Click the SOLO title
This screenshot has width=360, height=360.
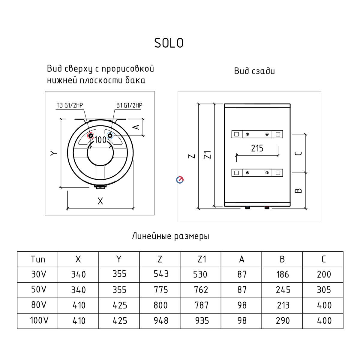169,43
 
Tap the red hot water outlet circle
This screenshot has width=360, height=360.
91,136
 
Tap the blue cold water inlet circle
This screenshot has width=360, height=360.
110,136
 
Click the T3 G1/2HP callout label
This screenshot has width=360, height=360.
70,105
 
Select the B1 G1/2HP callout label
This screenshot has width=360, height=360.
129,105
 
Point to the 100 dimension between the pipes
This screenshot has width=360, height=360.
100,140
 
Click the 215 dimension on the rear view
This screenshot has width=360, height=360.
257,148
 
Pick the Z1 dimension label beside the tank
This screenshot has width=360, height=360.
208,155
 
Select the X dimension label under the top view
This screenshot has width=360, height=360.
100,201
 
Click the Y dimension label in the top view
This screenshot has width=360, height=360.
54,153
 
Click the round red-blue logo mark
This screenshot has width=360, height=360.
180,180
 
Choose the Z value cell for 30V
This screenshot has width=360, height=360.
161,274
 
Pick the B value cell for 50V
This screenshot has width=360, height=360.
283,290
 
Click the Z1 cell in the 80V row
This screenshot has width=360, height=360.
201,305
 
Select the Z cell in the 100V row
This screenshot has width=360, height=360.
161,321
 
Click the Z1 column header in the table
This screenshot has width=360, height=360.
202,259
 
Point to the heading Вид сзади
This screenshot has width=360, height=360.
254,71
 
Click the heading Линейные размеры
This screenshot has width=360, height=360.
171,236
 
